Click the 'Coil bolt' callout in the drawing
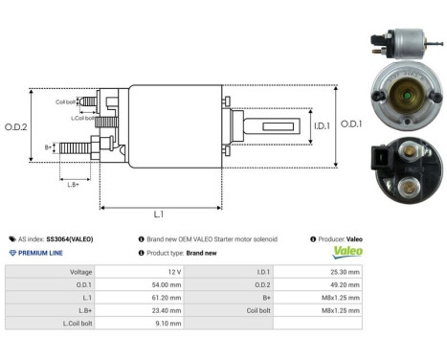66,101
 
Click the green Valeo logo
346,253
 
